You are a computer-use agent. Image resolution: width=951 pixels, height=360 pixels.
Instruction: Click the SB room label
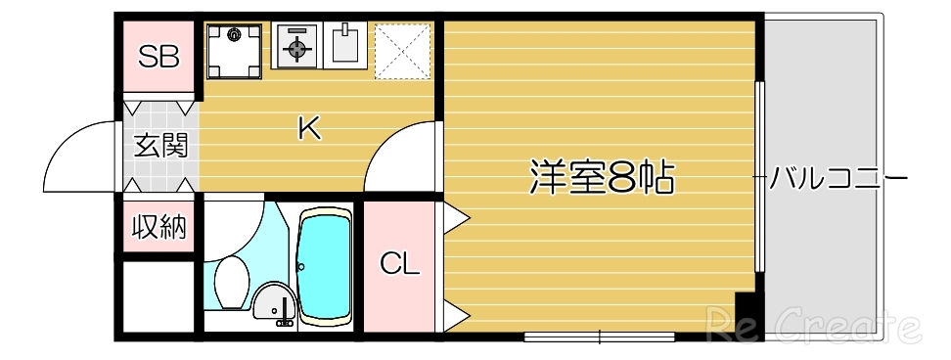[158, 57]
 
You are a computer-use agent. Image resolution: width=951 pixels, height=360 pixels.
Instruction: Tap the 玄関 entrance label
[159, 147]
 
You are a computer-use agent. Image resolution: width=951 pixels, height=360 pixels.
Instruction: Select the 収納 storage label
[158, 228]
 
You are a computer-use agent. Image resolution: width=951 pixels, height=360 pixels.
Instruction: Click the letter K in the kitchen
[309, 128]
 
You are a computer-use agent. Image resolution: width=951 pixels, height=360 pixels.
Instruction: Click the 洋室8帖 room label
[601, 177]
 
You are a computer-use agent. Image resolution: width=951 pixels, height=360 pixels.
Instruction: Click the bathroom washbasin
[273, 304]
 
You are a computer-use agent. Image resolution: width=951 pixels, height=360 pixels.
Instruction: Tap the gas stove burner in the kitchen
[296, 45]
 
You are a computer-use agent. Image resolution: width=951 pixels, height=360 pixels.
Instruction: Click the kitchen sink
[345, 45]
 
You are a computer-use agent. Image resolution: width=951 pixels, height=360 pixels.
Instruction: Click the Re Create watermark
[812, 324]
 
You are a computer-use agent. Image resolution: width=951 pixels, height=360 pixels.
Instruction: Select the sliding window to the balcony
[759, 176]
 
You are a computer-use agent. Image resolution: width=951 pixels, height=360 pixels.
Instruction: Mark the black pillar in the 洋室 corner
[746, 314]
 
